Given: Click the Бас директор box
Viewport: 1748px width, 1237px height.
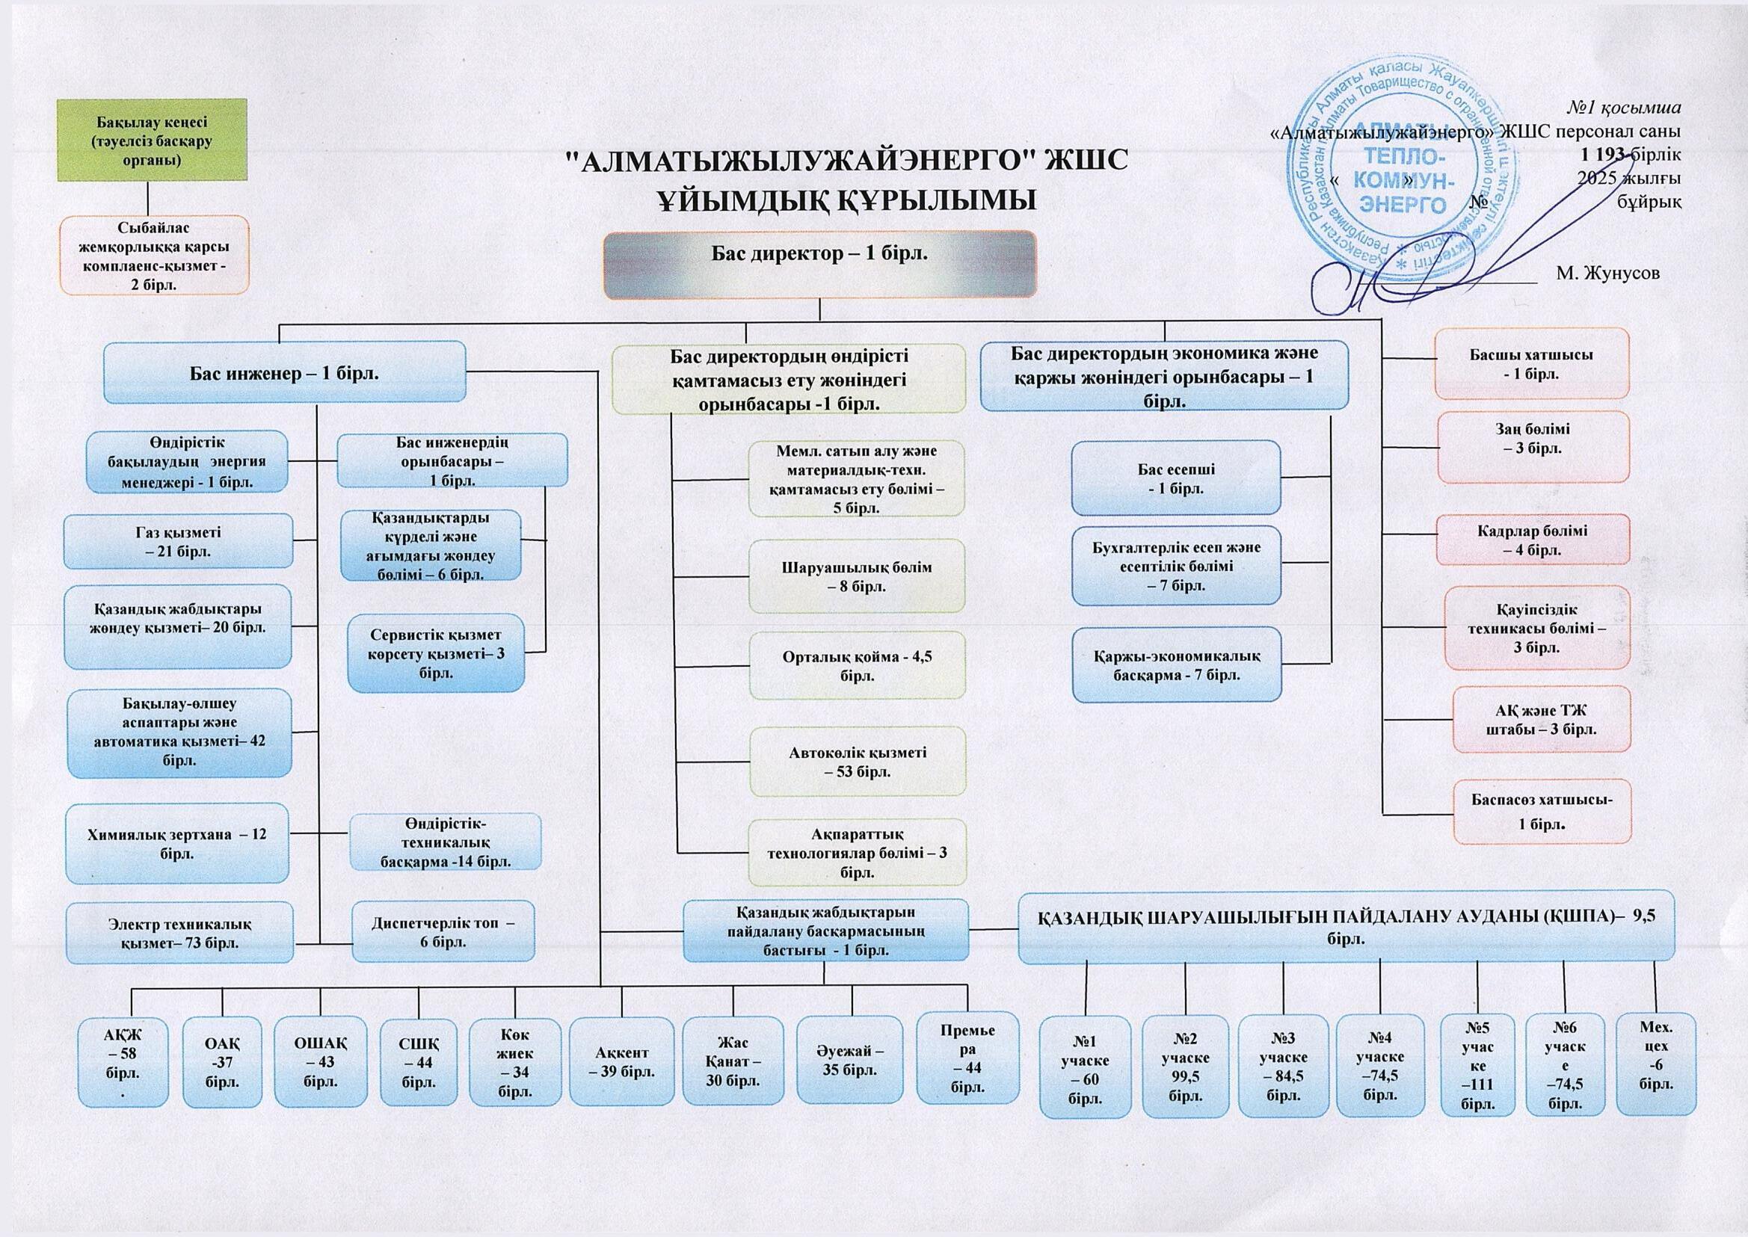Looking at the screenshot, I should pos(819,264).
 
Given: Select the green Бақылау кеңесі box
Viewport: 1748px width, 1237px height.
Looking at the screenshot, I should pos(153,141).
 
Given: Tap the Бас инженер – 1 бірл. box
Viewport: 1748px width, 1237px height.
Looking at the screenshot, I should pos(284,372).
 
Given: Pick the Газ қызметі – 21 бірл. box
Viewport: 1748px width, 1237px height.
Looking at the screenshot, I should pos(178,542).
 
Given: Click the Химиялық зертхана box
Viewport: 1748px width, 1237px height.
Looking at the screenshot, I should pos(176,843).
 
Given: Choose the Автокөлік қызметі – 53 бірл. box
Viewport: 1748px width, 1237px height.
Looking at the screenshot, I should pos(858,762).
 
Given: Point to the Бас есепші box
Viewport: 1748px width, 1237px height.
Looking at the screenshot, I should pos(1176,478).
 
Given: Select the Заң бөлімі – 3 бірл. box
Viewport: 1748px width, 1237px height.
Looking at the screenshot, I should pos(1533,447).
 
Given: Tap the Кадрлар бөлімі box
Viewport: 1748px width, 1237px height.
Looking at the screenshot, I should pos(1532,540).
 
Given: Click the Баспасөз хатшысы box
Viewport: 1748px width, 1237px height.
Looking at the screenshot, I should pos(1542,812).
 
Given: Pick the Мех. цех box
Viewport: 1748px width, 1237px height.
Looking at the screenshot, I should pos(1656,1064).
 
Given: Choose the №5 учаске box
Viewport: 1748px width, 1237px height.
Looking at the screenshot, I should pos(1477,1065).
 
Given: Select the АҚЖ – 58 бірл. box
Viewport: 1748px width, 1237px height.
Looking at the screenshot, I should pos(123,1062).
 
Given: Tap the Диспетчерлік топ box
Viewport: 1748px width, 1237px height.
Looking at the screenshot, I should pos(443,932).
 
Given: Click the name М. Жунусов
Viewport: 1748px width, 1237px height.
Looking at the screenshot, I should pos(1607,273).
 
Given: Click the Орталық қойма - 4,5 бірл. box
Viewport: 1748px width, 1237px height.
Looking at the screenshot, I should pos(857,666).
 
